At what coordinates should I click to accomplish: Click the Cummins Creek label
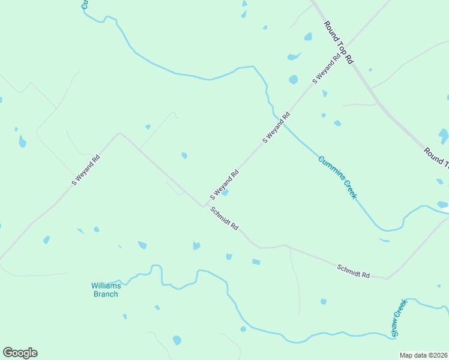337,178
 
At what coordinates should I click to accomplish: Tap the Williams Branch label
105,290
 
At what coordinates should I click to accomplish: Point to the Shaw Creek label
399,317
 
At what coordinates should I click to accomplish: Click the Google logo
20,353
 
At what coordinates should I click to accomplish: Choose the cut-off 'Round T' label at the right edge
436,157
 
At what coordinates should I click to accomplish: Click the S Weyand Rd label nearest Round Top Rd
326,68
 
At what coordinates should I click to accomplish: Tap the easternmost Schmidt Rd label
353,271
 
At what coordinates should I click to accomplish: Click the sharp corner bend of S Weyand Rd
119,133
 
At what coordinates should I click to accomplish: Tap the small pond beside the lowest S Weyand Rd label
224,193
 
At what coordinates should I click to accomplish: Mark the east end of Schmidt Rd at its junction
387,278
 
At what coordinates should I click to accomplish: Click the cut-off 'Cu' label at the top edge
85,4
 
